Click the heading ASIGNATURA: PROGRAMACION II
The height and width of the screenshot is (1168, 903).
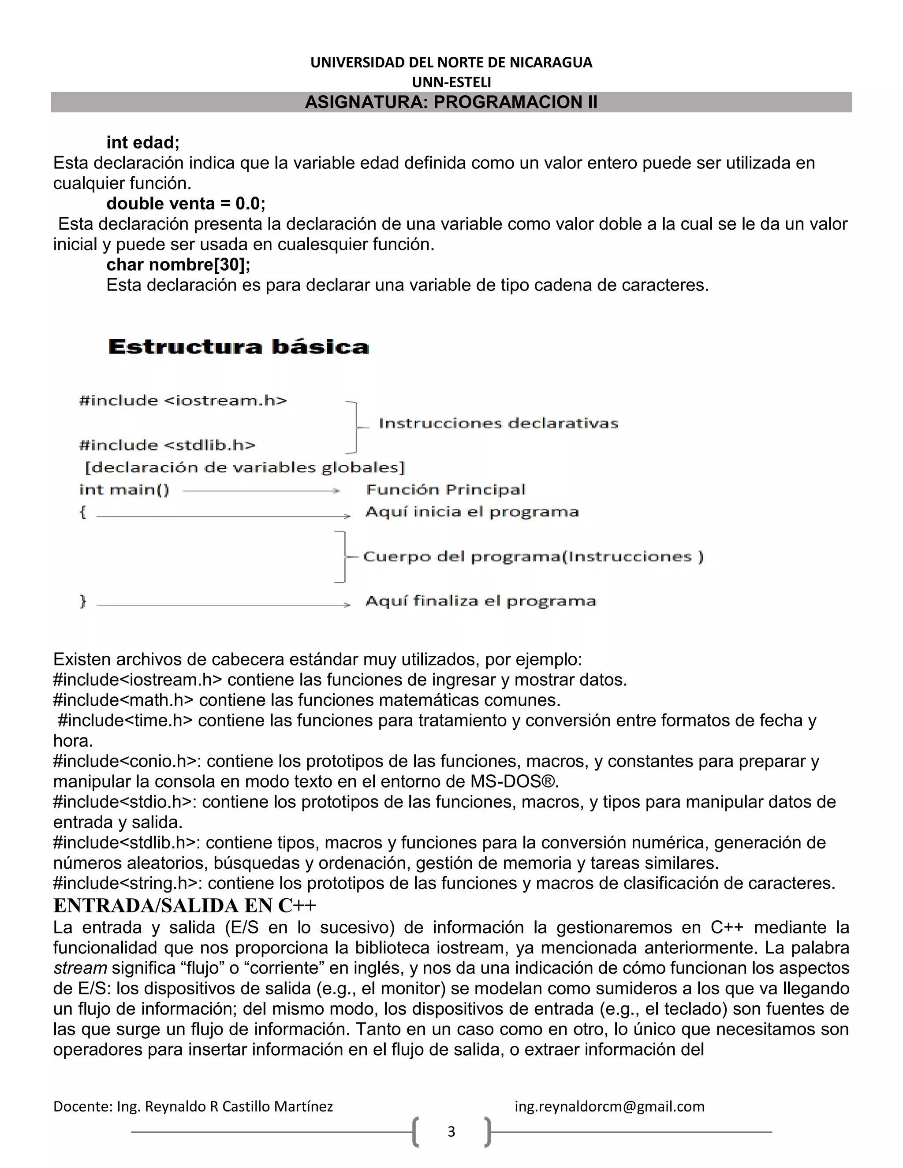[451, 102]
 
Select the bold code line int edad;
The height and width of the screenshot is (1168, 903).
[143, 142]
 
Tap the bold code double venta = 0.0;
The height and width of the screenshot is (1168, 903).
[186, 203]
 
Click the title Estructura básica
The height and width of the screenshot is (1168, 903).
[239, 346]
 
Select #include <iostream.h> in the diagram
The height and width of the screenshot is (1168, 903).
[183, 401]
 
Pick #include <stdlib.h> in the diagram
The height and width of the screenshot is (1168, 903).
[167, 445]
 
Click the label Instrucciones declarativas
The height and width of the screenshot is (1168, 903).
[498, 423]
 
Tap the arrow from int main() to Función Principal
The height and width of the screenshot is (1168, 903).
[261, 491]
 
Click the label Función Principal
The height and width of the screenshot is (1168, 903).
[446, 489]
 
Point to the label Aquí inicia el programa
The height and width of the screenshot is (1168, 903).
[472, 512]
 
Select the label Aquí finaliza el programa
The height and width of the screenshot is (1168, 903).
[481, 601]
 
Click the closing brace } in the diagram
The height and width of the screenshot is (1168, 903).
[83, 601]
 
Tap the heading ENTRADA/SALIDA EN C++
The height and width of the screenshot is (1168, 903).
[185, 905]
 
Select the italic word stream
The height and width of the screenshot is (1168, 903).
[80, 968]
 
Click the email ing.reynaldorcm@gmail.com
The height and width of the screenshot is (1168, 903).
[609, 1106]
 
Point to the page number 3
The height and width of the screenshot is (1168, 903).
[451, 1131]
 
